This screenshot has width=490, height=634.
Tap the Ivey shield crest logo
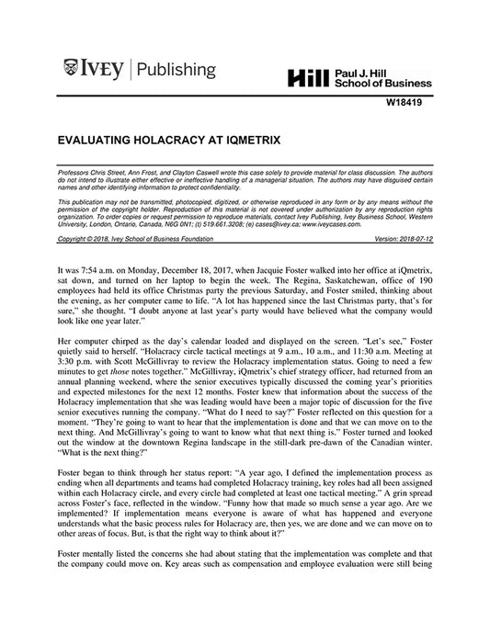tap(71, 66)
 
